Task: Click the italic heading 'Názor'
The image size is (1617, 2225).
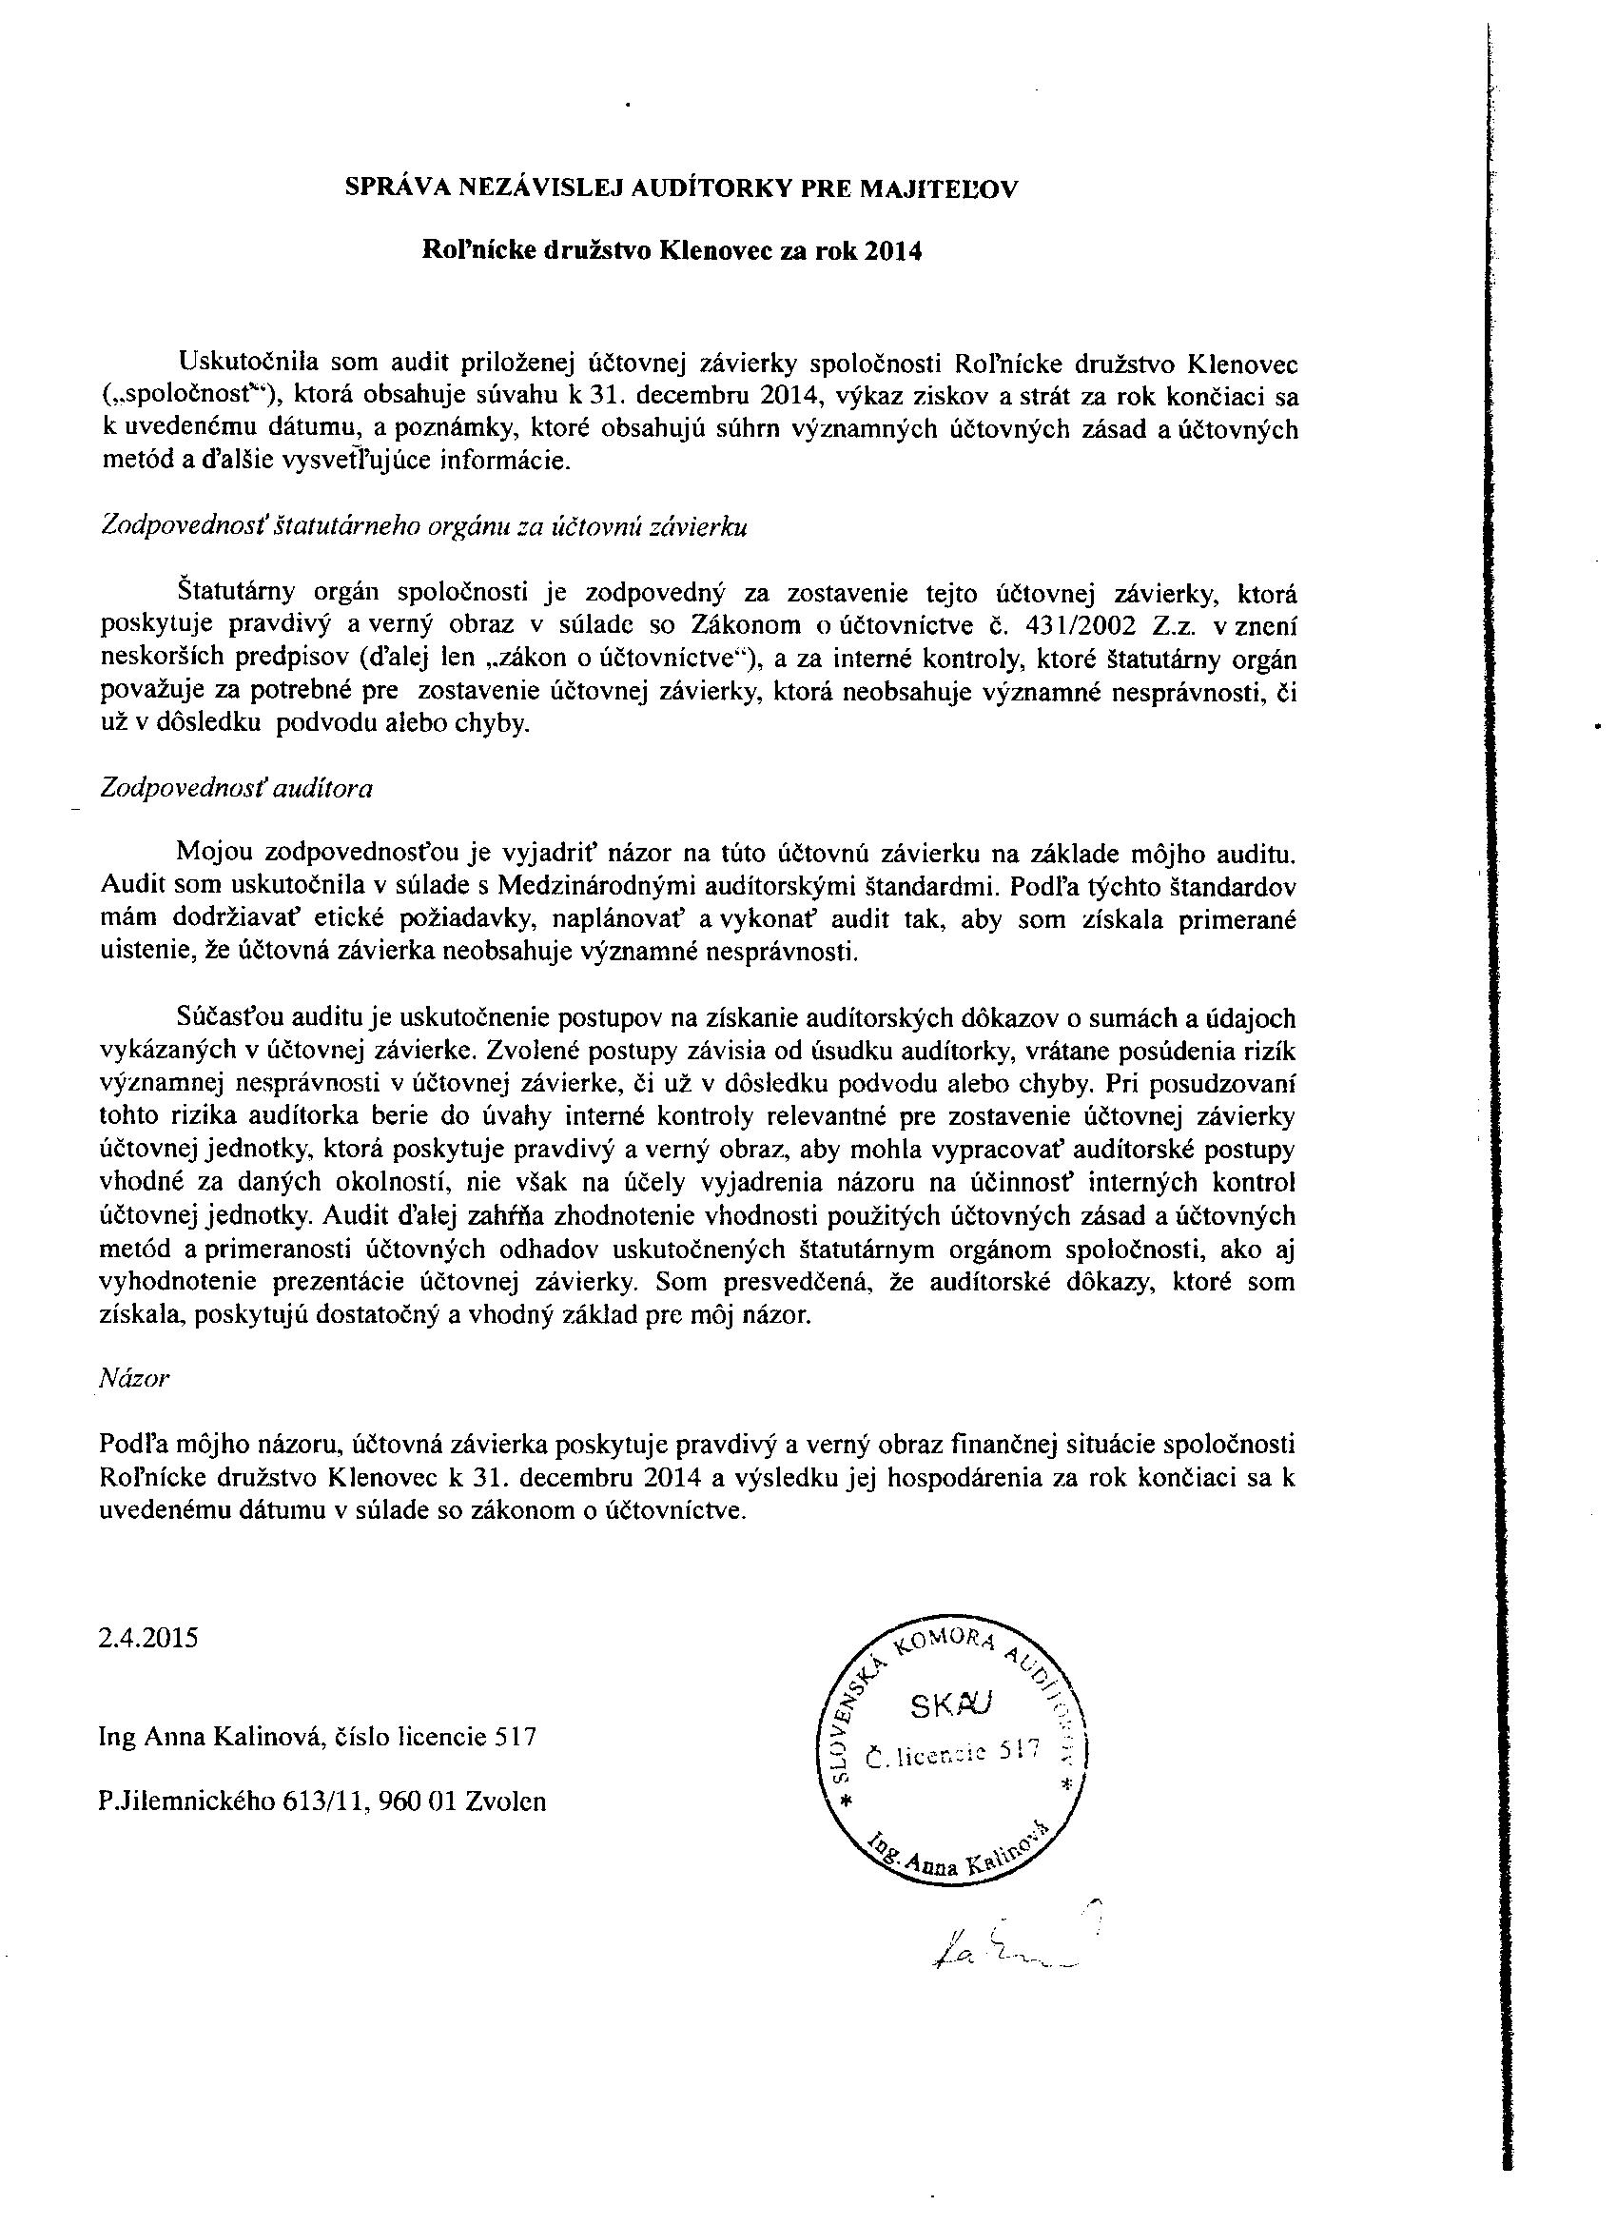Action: click(x=135, y=1377)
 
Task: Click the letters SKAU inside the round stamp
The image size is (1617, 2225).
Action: click(x=951, y=1708)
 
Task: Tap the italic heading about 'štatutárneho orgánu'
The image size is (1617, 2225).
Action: click(x=424, y=527)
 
